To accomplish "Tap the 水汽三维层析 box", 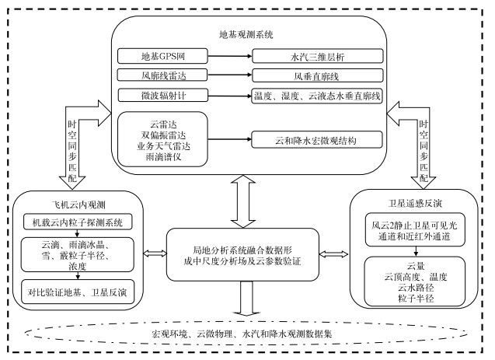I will pyautogui.click(x=315, y=57).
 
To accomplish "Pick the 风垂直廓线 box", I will pyautogui.click(x=315, y=76).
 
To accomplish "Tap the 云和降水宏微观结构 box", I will pyautogui.click(x=315, y=139).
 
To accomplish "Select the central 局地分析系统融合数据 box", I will pyautogui.click(x=247, y=254).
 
